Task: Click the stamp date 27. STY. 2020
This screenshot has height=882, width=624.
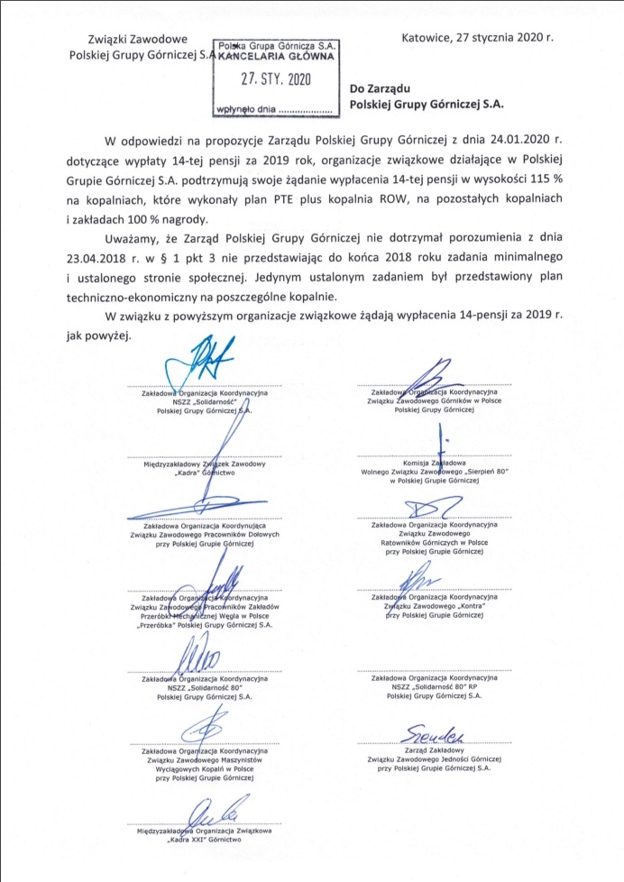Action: pos(274,78)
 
